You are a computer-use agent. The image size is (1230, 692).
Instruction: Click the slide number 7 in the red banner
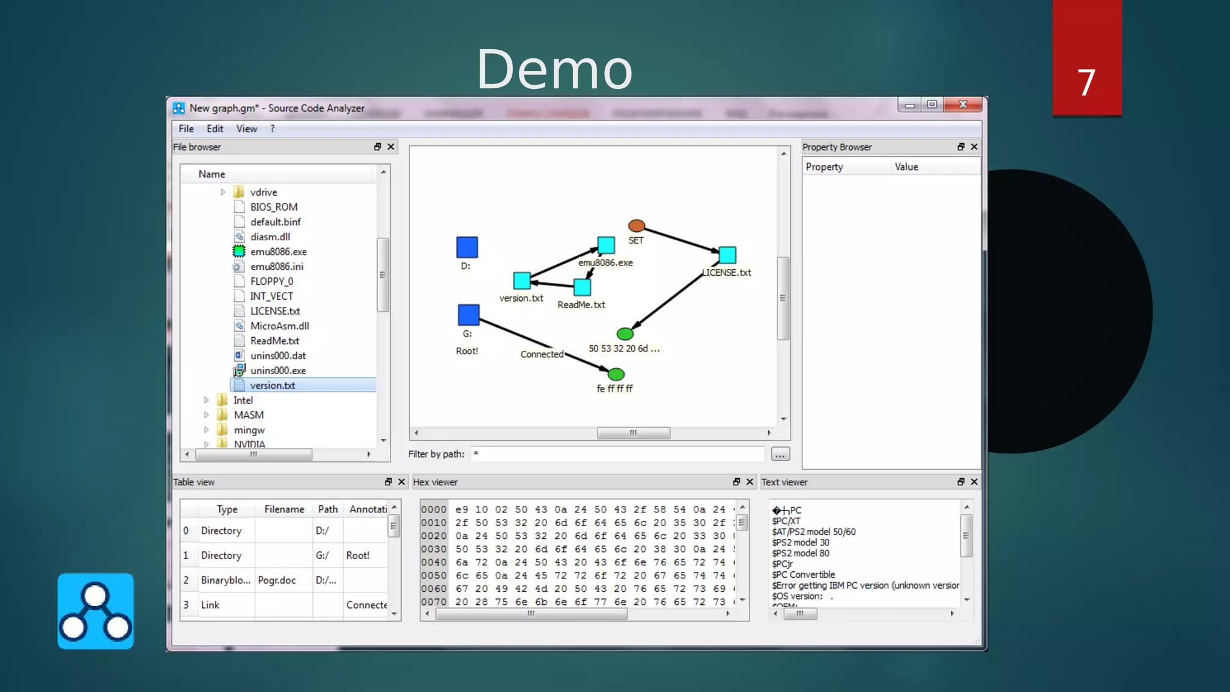[x=1086, y=82]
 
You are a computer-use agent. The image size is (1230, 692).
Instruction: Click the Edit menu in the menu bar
[x=214, y=129]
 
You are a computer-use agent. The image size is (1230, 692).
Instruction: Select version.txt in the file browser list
[x=273, y=386]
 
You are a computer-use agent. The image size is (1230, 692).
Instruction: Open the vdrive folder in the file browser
[x=263, y=192]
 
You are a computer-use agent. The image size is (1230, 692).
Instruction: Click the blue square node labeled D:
[x=467, y=247]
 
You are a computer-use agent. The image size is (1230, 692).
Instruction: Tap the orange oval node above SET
[x=636, y=226]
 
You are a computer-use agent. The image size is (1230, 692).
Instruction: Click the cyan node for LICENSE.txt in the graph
[x=727, y=255]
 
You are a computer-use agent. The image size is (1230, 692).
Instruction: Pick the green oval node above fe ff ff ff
[x=616, y=374]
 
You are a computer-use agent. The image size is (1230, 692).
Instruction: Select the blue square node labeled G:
[x=468, y=315]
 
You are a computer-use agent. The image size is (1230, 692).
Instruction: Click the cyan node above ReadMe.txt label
[x=582, y=287]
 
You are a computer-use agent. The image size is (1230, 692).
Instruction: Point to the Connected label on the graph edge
[x=542, y=354]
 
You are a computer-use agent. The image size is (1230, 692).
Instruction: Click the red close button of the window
[x=963, y=105]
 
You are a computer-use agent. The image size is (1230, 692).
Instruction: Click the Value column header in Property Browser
[x=906, y=167]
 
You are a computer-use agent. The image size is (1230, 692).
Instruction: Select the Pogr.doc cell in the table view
[x=277, y=580]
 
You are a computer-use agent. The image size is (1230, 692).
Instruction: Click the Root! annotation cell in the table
[x=358, y=556]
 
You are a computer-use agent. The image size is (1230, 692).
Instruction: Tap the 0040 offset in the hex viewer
[x=434, y=562]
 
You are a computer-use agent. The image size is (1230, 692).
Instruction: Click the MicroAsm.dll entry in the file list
[x=279, y=326]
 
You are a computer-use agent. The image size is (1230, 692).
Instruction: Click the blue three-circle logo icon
[x=95, y=611]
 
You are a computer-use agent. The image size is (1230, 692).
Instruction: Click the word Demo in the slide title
[x=554, y=69]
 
